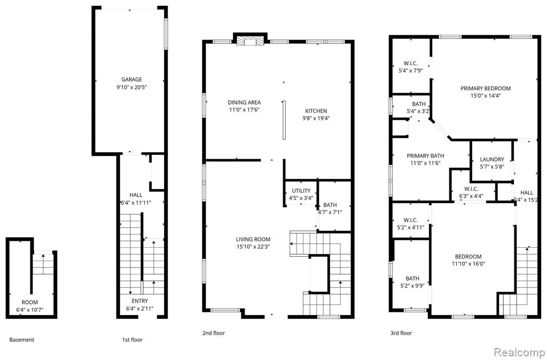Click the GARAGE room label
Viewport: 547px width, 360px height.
point(131,80)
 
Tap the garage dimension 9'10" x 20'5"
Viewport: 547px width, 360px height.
point(131,87)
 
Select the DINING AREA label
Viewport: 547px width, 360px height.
point(244,102)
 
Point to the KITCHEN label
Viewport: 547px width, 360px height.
point(316,111)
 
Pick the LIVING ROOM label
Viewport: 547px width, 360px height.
point(253,239)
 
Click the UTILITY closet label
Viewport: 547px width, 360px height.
point(301,191)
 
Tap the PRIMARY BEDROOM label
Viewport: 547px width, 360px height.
point(485,88)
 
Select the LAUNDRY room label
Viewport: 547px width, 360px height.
point(492,159)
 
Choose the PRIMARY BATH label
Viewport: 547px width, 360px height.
point(425,156)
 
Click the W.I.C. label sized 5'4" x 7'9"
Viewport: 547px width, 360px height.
point(411,63)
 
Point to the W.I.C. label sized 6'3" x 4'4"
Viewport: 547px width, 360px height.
point(471,189)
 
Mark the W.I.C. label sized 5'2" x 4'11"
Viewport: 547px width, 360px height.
point(411,220)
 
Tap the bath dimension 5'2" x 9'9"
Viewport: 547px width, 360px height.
point(412,286)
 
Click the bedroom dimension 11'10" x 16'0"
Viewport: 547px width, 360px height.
point(468,264)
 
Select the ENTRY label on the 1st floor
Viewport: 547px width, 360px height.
point(139,301)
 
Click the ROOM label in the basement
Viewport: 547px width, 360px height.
point(30,302)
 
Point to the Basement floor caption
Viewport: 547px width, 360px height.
point(21,340)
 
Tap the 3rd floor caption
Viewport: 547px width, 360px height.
point(401,333)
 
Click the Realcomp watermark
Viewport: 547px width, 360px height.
point(519,352)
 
